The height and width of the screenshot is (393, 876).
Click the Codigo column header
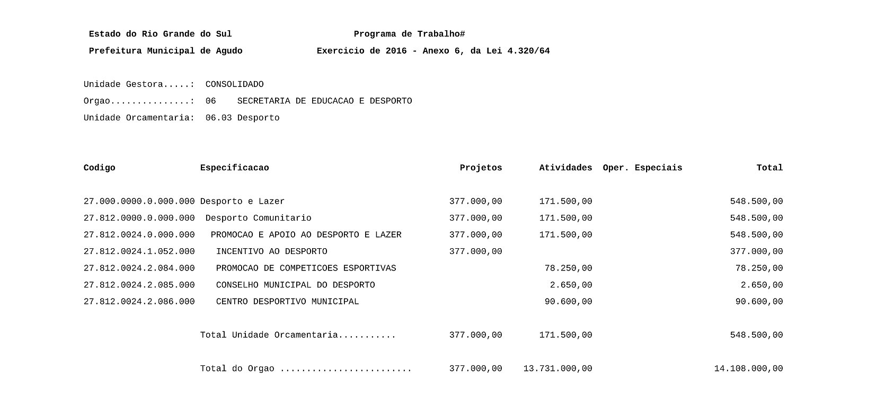pyautogui.click(x=99, y=168)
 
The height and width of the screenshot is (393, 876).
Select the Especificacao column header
pyautogui.click(x=234, y=168)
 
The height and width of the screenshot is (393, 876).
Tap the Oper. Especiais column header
pyautogui.click(x=642, y=168)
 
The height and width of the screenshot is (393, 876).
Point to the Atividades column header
pyautogui.click(x=565, y=168)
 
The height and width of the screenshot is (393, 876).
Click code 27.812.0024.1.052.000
pyautogui.click(x=139, y=252)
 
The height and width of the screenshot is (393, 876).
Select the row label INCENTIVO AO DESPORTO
pyautogui.click(x=271, y=252)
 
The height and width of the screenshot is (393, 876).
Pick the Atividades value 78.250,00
pyautogui.click(x=568, y=268)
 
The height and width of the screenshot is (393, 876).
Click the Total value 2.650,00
pyautogui.click(x=762, y=285)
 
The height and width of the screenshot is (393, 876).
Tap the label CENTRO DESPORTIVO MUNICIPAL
pyautogui.click(x=287, y=302)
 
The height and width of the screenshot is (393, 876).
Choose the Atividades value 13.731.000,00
pyautogui.click(x=558, y=369)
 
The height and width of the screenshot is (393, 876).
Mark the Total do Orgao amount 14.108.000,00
pyautogui.click(x=748, y=369)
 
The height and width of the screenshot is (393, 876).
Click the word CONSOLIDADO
pyautogui.click(x=234, y=85)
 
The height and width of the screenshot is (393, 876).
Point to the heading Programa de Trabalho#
pyautogui.click(x=409, y=34)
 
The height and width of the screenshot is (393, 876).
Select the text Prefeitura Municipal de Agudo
pyautogui.click(x=165, y=51)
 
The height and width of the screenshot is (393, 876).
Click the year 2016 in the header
pyautogui.click(x=396, y=51)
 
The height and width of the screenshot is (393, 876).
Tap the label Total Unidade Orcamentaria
pyautogui.click(x=269, y=335)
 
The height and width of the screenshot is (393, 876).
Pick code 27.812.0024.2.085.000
pyautogui.click(x=139, y=285)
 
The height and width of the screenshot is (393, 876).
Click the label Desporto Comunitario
pyautogui.click(x=258, y=219)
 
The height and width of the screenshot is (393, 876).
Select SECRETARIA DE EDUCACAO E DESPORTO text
pyautogui.click(x=324, y=101)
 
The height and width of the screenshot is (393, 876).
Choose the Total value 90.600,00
pyautogui.click(x=759, y=302)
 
